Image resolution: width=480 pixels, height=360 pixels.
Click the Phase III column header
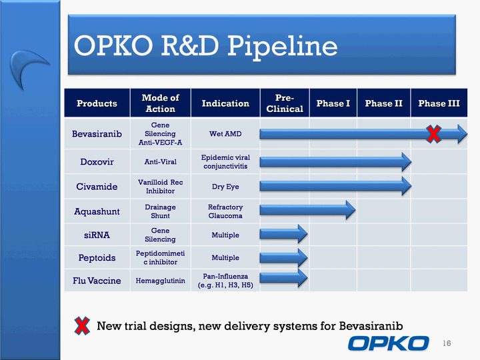[439, 103]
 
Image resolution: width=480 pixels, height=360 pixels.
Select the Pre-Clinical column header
[285, 103]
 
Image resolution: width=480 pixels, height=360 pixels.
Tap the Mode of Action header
[161, 103]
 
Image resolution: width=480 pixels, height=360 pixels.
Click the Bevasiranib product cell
[97, 134]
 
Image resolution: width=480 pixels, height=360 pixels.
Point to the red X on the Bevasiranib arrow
[434, 134]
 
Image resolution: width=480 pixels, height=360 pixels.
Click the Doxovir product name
[97, 161]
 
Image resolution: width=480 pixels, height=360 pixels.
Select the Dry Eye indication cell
[225, 187]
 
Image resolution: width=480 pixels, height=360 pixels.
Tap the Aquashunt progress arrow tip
[355, 210]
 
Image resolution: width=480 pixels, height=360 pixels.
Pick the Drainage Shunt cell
[161, 211]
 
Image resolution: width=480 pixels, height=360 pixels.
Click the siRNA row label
[97, 235]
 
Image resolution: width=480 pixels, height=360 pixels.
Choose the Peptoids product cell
[97, 257]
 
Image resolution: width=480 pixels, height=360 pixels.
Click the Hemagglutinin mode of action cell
[161, 281]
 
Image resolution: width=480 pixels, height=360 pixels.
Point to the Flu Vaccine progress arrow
[284, 278]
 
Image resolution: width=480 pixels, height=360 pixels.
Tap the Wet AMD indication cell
[225, 134]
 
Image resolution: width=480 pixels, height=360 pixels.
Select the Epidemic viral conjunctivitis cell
[225, 161]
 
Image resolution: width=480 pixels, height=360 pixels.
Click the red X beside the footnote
[82, 326]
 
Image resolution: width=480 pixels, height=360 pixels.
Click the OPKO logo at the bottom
[389, 343]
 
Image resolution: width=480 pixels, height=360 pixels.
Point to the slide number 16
[447, 343]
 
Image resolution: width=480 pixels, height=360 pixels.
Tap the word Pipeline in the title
[282, 46]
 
